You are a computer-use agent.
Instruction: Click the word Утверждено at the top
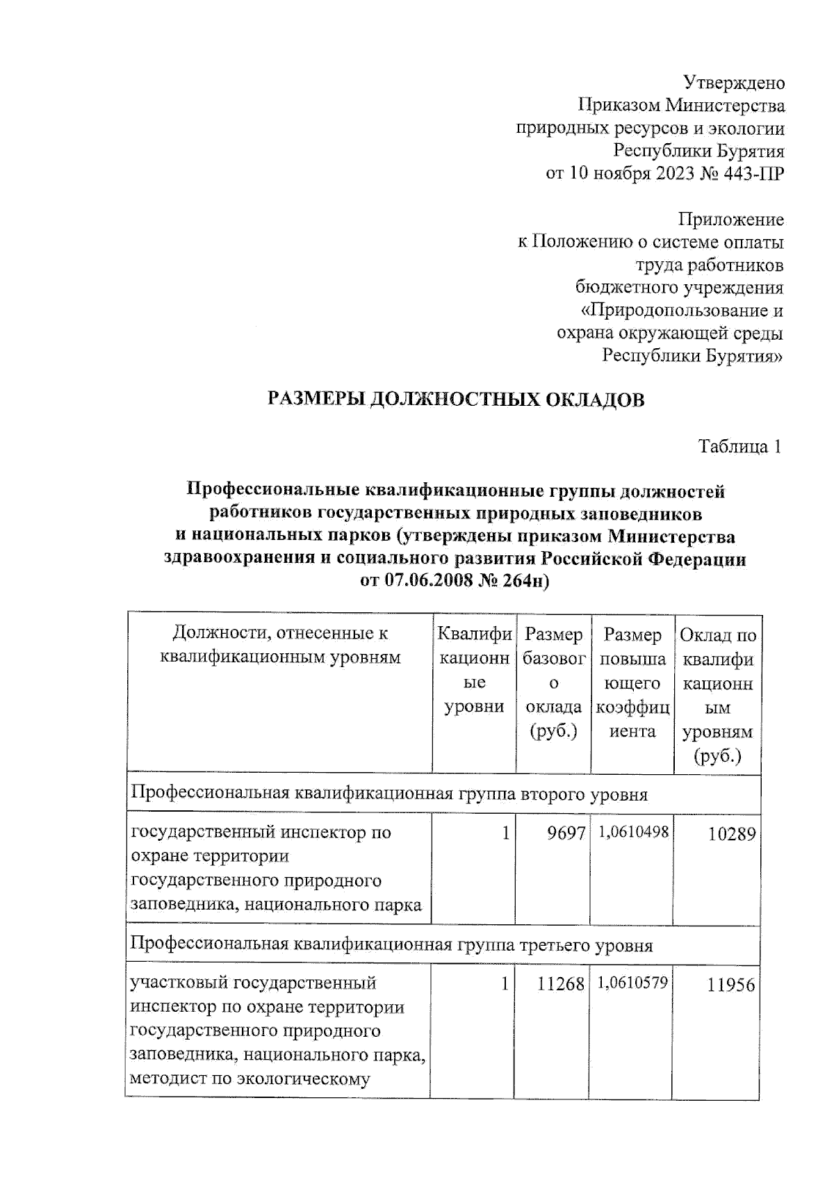tap(735, 83)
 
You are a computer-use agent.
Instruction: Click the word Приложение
tap(730, 220)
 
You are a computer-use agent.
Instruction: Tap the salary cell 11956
tap(731, 985)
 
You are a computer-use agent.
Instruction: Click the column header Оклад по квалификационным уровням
tap(718, 695)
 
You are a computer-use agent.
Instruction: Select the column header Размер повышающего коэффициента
tap(632, 683)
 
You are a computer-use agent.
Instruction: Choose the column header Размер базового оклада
tap(553, 683)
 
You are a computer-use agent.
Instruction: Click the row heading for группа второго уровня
tap(389, 794)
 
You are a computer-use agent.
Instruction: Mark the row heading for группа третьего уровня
tap(391, 945)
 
